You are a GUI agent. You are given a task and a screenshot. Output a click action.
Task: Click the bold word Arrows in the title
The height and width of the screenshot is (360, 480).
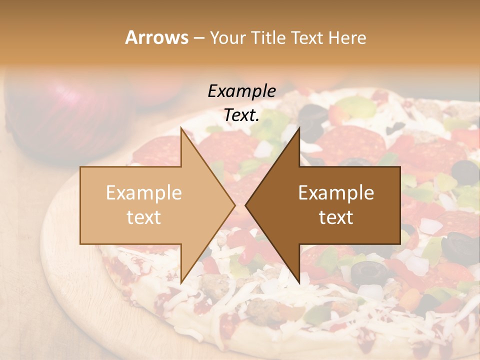156,37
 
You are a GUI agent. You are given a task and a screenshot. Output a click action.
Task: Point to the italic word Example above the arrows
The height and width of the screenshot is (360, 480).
241,91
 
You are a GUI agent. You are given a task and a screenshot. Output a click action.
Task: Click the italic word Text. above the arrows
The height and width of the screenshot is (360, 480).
241,115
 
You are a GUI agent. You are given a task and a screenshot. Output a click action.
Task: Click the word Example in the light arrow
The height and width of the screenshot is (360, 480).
143,193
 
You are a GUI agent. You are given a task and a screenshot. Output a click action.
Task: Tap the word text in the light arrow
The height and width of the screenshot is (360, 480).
143,217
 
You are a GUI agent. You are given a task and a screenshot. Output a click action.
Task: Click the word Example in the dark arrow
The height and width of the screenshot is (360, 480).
336,193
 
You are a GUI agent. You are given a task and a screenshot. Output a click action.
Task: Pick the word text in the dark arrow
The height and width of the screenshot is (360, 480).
336,217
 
